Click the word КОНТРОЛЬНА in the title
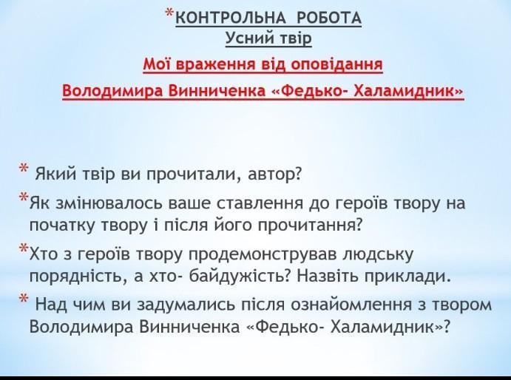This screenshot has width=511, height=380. click(231, 18)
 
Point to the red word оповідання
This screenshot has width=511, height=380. click(336, 64)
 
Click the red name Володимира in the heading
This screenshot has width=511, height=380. click(113, 91)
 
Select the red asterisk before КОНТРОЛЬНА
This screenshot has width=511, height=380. click(169, 14)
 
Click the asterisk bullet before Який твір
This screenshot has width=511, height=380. click(24, 169)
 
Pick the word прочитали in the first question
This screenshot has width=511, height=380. click(192, 174)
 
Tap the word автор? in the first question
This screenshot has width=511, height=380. click(274, 174)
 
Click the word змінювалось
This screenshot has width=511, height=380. click(110, 203)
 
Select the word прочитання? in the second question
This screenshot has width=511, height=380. click(311, 225)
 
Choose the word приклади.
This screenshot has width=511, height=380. click(407, 276)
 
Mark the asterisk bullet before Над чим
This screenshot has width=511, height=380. click(24, 299)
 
